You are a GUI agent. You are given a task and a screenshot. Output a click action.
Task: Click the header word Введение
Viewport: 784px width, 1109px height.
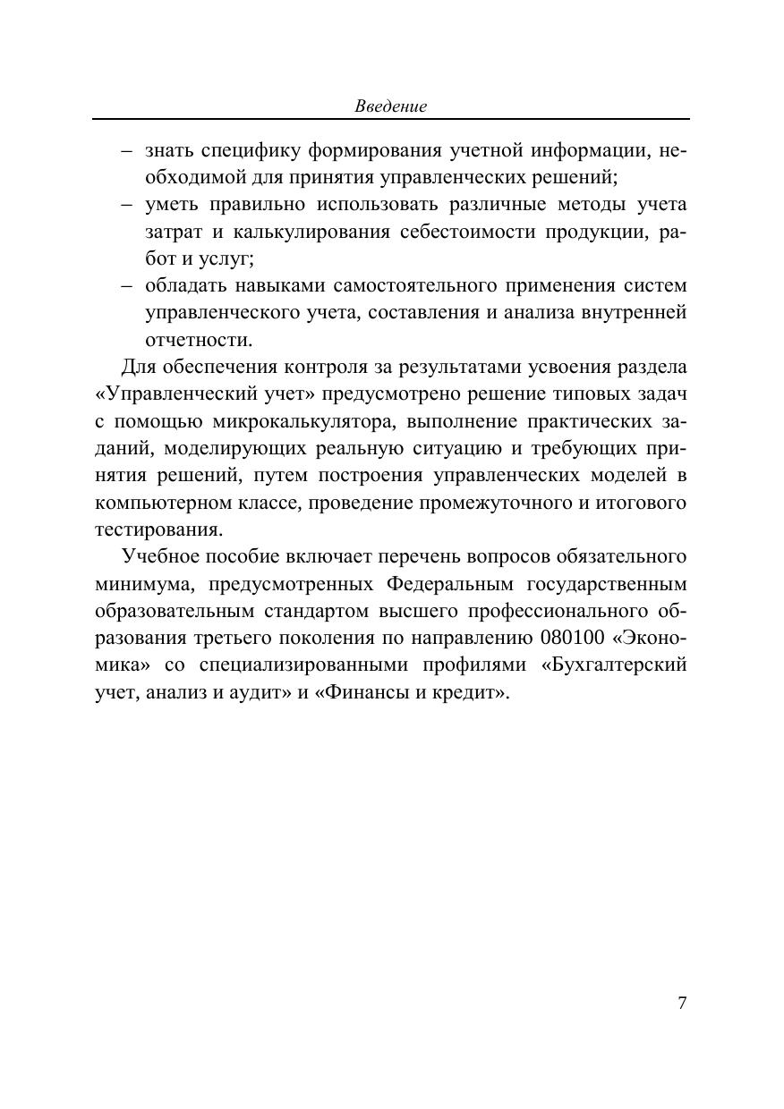[391, 106]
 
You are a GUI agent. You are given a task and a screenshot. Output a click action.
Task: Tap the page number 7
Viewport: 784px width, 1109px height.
[682, 1003]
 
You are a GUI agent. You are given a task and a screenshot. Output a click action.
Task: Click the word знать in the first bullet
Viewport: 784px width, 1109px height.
[168, 151]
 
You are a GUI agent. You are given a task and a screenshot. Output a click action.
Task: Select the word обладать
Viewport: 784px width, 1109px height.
[185, 286]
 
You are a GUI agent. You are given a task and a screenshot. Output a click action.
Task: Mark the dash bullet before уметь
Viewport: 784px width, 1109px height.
[128, 206]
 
